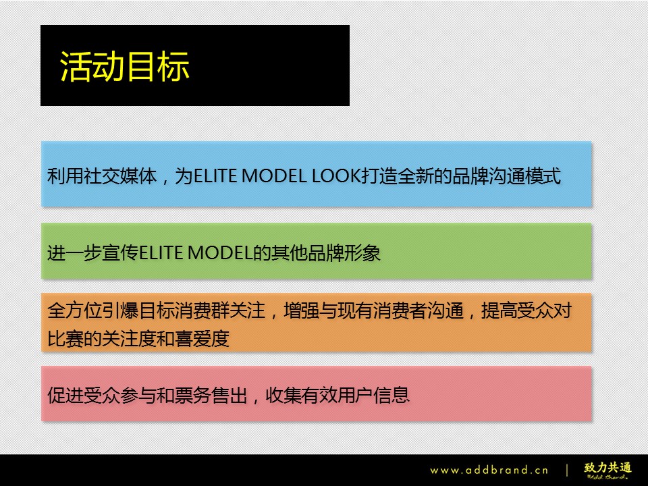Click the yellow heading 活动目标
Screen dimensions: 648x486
point(124,66)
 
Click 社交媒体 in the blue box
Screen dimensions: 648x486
point(121,176)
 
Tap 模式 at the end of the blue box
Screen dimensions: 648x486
point(543,176)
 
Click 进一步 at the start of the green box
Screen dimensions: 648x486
point(74,253)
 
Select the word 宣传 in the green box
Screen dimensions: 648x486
point(120,253)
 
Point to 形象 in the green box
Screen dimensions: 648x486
point(362,253)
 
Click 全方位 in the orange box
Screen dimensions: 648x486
point(75,310)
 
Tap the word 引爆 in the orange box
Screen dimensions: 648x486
point(121,310)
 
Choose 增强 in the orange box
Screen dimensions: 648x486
point(302,310)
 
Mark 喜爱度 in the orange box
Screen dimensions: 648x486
point(202,339)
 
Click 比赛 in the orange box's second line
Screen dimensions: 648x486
point(65,339)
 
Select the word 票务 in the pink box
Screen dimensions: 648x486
point(194,395)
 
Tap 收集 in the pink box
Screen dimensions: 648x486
point(283,395)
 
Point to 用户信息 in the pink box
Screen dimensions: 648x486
point(374,395)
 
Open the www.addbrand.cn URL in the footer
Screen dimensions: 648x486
point(489,470)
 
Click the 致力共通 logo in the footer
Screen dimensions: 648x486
point(608,470)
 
